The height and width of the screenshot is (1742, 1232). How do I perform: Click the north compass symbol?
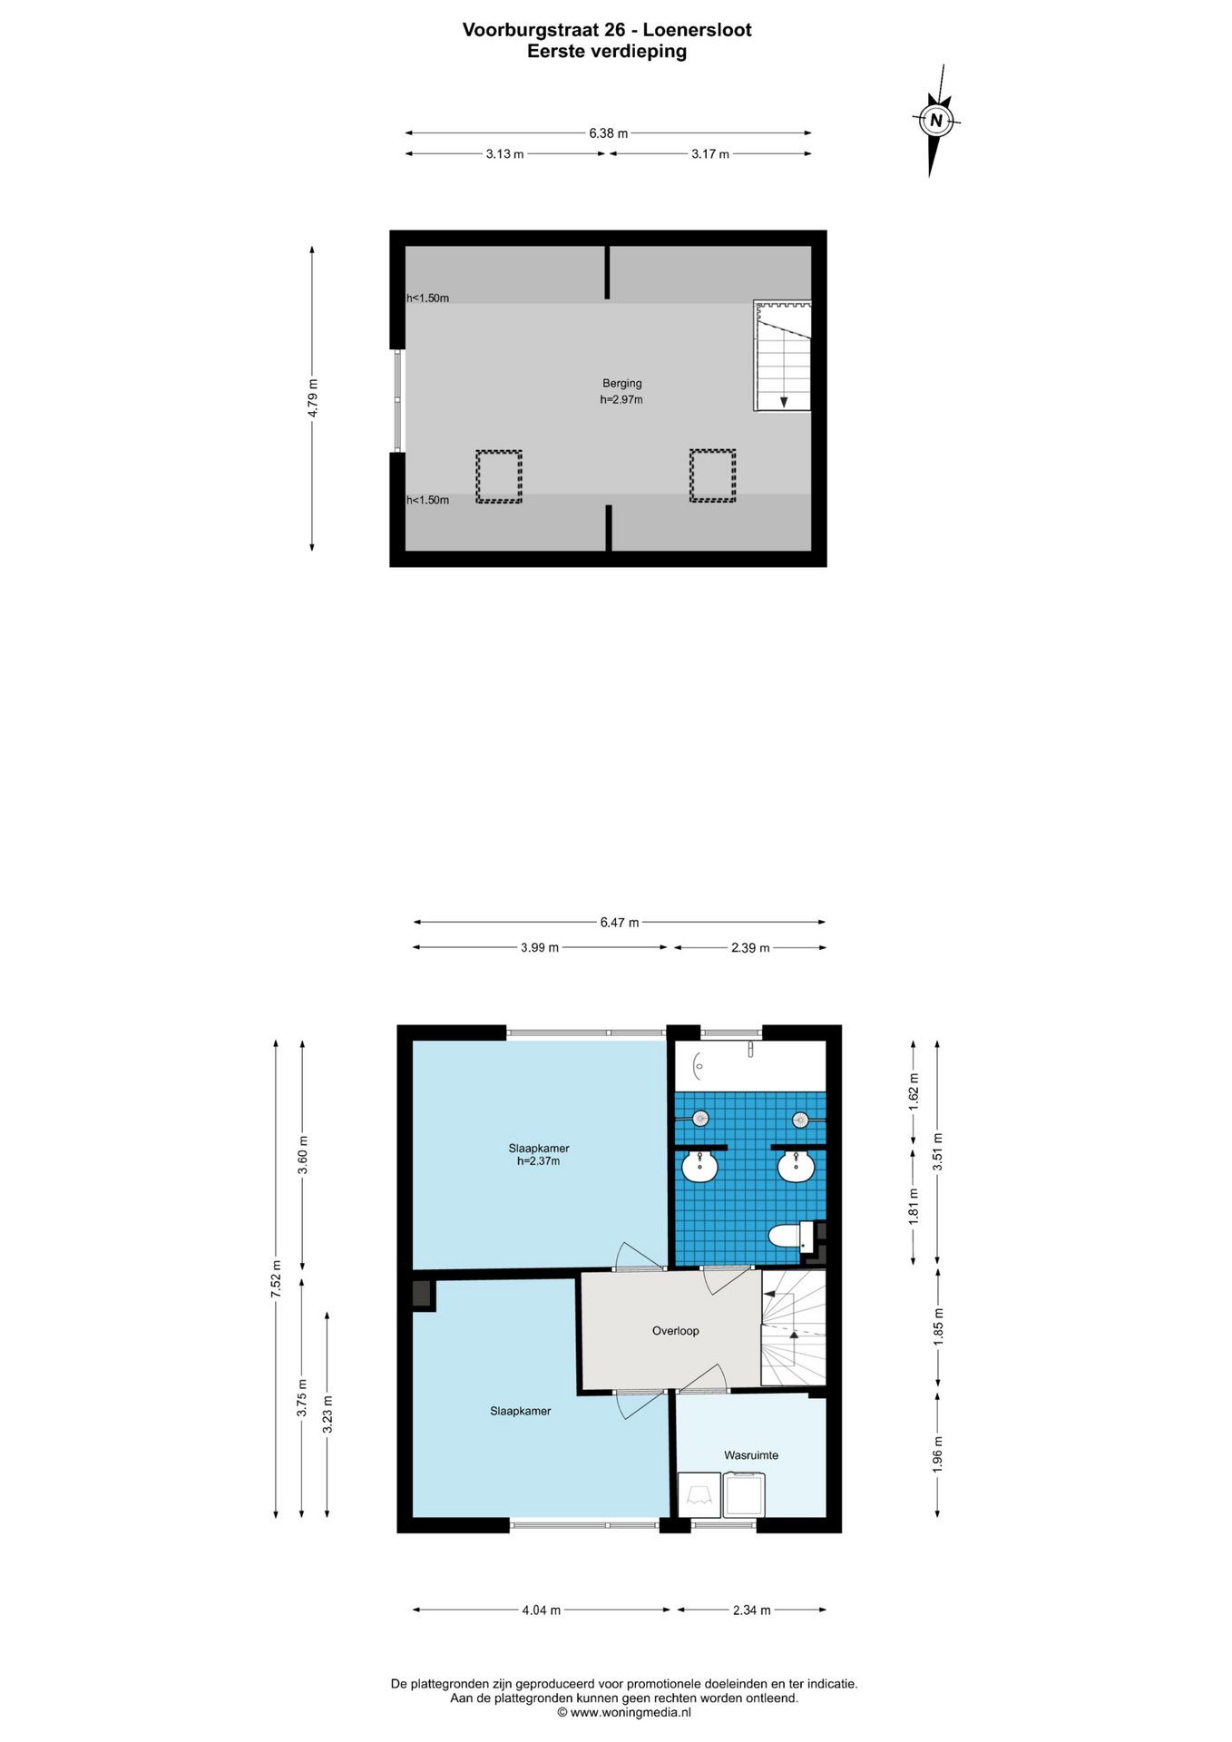936,120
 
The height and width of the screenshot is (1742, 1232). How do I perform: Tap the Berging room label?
622,383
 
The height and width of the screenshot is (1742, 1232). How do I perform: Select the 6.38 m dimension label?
608,133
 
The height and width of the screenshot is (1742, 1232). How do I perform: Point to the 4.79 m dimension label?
312,397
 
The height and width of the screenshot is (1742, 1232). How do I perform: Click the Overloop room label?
676,1331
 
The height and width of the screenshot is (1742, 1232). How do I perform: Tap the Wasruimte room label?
751,1455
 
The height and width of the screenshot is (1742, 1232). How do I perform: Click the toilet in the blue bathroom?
791,1236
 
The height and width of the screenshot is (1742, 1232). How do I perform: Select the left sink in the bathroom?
699,1166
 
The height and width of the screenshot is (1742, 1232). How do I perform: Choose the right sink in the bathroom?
796,1166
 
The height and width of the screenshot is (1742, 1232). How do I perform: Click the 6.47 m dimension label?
620,923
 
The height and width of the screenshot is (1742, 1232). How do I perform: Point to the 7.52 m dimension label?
276,1279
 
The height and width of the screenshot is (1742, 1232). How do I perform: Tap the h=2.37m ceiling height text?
539,1161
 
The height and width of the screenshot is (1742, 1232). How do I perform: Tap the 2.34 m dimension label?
752,1610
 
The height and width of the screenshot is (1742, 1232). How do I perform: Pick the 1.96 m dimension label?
938,1453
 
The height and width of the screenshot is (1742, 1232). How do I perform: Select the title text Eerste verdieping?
607,52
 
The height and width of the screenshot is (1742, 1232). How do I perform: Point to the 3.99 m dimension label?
540,948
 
